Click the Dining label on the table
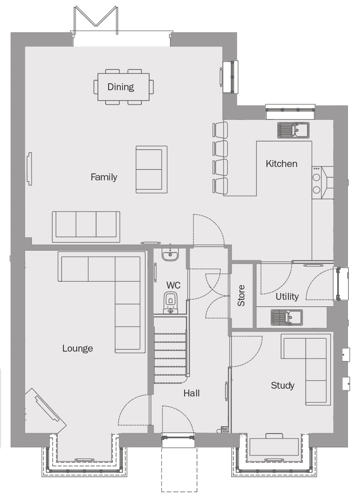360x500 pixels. [120, 87]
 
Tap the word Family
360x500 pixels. [104, 177]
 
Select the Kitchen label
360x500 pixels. [282, 164]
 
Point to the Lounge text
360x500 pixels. [78, 348]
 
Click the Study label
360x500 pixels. [282, 386]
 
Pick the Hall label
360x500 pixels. [191, 393]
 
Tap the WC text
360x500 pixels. [173, 285]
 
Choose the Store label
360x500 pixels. [241, 296]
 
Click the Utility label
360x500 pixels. [287, 296]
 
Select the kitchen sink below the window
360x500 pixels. [294, 130]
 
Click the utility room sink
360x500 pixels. [287, 317]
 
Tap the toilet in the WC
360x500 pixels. [170, 302]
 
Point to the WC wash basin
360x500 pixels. [170, 254]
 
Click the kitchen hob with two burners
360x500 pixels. [317, 183]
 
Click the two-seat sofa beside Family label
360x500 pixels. [152, 169]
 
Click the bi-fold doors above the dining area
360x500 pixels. [96, 20]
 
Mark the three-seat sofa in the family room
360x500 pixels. [86, 226]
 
